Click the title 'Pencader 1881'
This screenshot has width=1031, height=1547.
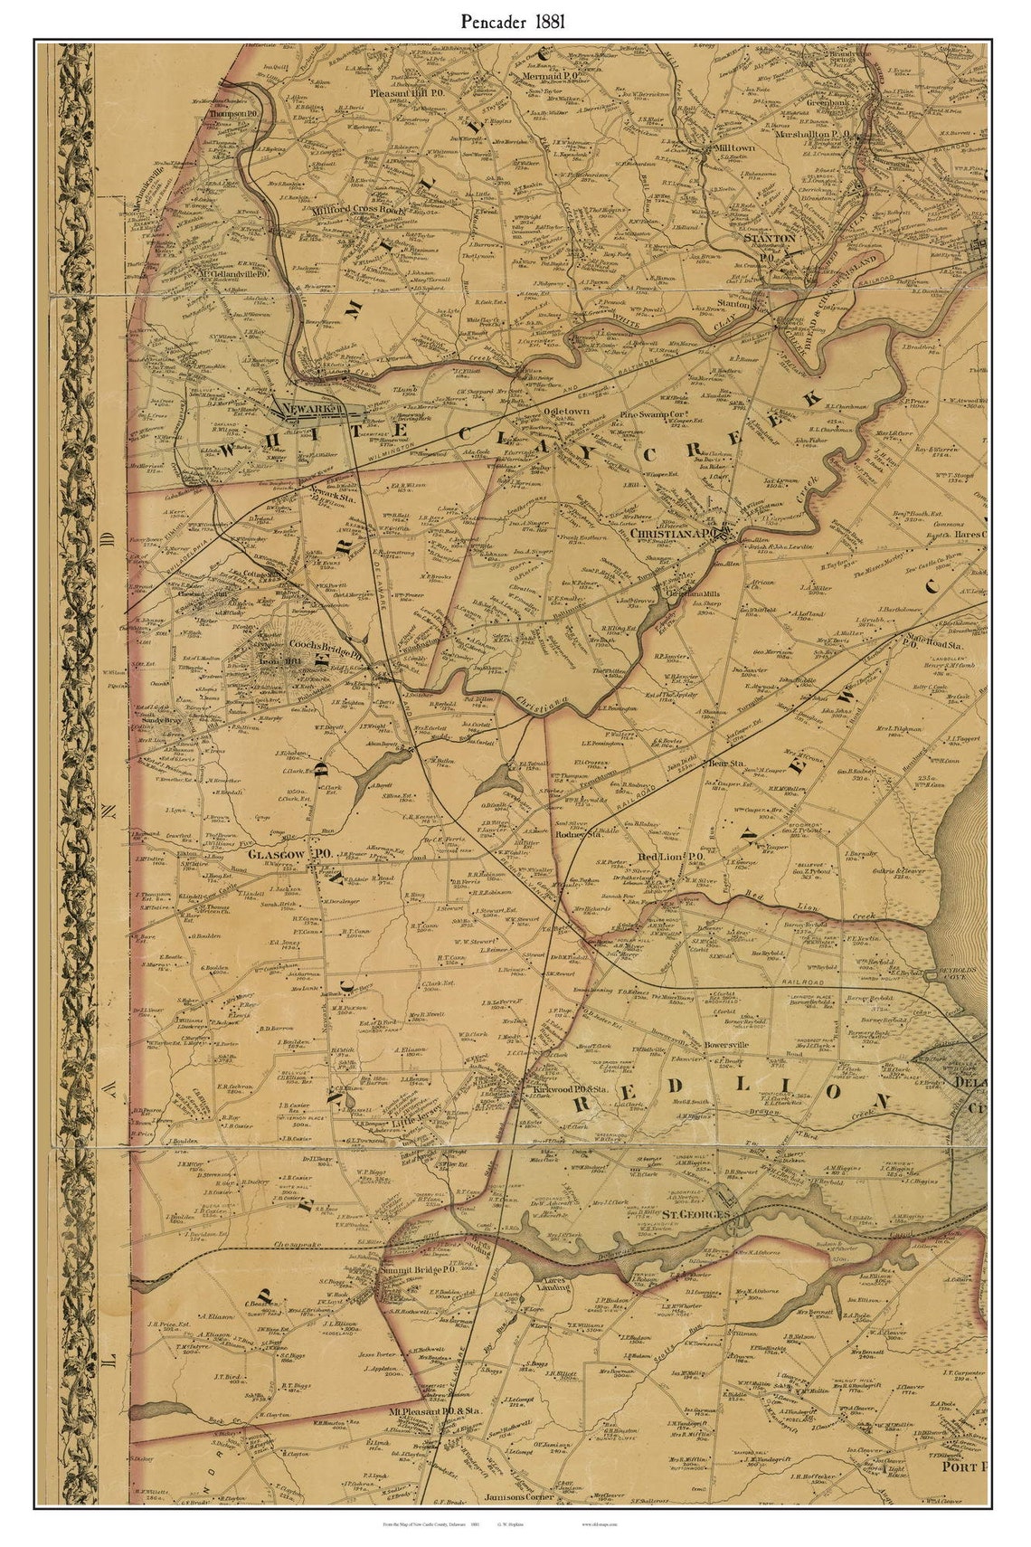[x=514, y=23]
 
